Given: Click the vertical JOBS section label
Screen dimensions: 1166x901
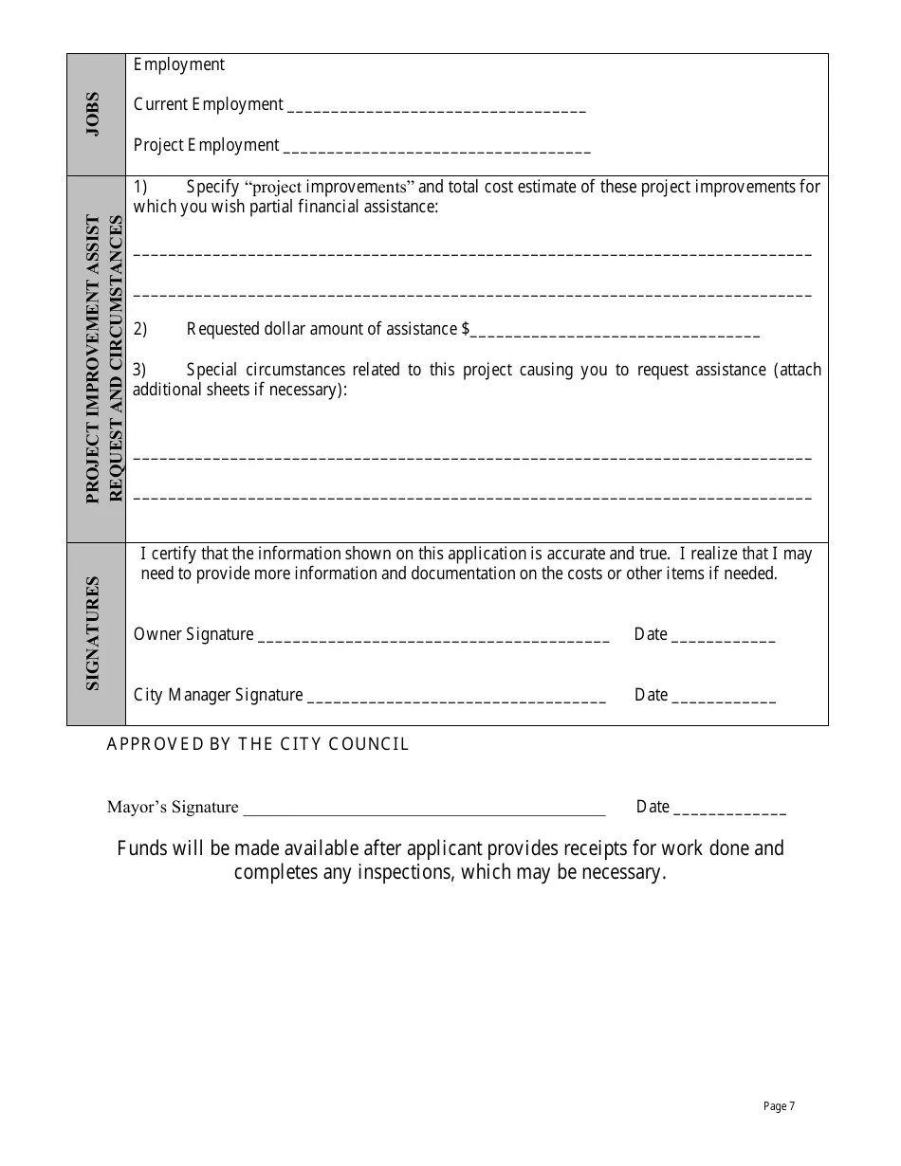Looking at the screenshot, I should (93, 114).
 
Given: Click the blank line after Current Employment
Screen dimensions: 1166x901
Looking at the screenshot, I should (435, 107).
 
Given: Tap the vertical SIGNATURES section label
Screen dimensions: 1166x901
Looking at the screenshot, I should (93, 632).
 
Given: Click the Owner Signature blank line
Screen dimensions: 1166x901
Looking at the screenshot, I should (433, 637).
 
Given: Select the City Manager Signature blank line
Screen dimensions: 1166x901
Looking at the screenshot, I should (456, 698).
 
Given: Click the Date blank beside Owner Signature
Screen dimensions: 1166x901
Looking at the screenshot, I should (724, 637).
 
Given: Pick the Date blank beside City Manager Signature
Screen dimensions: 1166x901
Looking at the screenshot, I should (724, 698).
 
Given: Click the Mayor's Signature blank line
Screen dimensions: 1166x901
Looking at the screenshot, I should (424, 810).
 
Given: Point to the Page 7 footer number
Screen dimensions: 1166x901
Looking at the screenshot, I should (779, 1106).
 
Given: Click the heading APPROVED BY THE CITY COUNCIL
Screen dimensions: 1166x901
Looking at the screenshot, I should (258, 744).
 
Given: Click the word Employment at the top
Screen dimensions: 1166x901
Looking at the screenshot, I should (179, 64).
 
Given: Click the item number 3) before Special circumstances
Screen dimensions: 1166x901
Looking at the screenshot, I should (139, 370).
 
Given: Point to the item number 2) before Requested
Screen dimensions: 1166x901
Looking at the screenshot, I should (139, 329).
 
